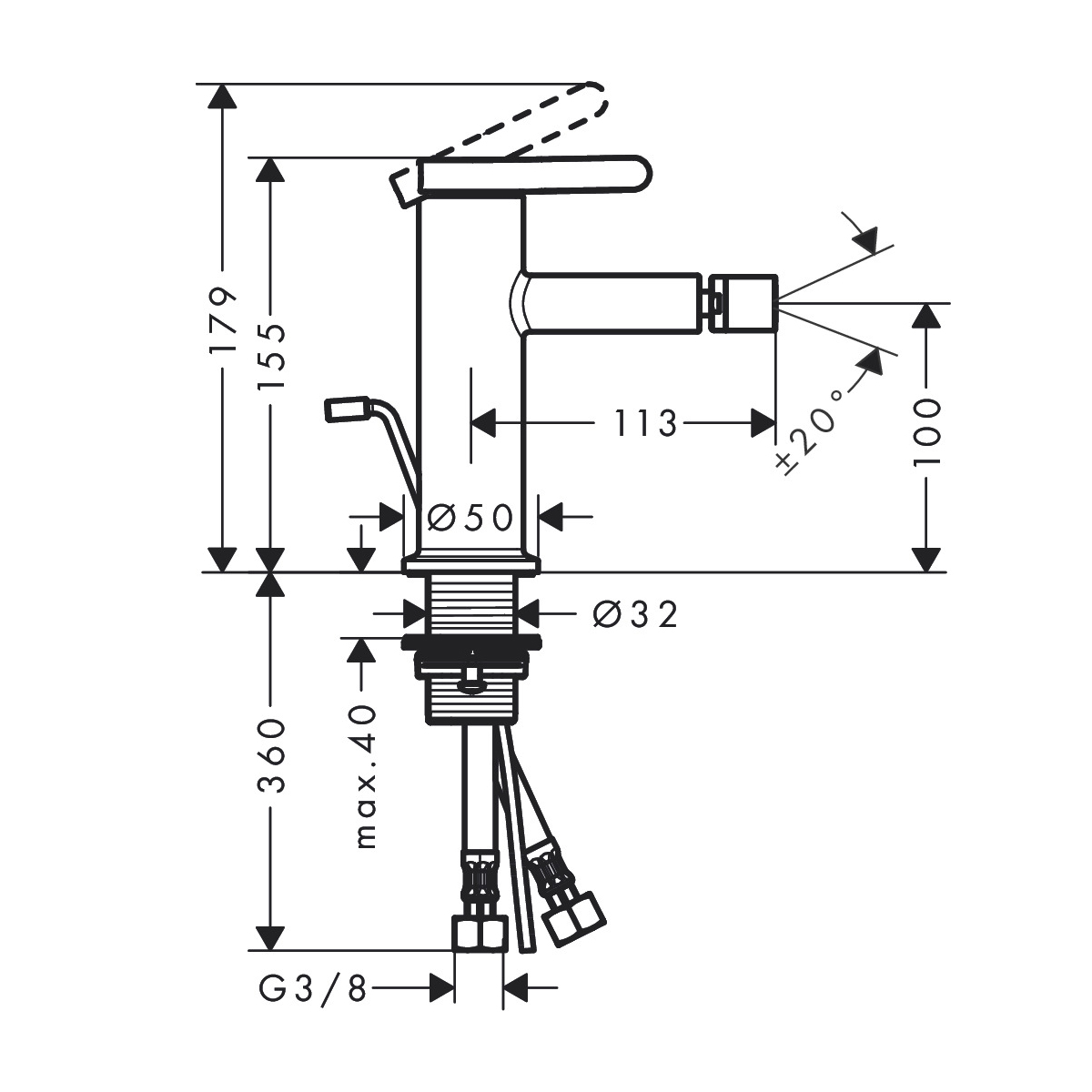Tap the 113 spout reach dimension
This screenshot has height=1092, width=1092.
[x=645, y=423]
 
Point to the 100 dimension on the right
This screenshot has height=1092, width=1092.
[x=926, y=432]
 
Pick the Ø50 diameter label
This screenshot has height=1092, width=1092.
[x=470, y=517]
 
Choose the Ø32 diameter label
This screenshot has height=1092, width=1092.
[x=635, y=613]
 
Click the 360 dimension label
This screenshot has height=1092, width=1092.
[x=271, y=755]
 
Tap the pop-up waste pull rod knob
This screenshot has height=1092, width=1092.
[x=346, y=410]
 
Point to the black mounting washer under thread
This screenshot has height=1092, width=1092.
[x=471, y=642]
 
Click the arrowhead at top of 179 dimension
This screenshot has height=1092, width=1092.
[x=222, y=96]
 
